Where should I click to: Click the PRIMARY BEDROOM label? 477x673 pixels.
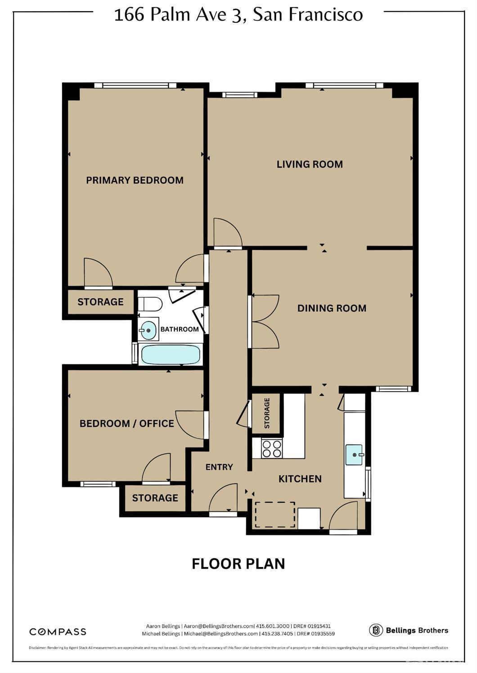pos(135,180)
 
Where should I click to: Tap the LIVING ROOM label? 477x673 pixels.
pos(310,164)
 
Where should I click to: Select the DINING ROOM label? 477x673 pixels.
pos(332,308)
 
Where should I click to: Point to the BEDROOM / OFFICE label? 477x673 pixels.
pos(126,423)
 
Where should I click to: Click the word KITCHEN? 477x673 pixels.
pos(300,479)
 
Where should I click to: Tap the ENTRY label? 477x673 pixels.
pos(219,467)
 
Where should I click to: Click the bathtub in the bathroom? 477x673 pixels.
pos(171,355)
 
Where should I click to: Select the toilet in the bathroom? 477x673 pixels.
pos(150,304)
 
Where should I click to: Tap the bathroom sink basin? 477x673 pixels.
pos(148,330)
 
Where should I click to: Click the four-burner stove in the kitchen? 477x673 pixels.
pos(272,448)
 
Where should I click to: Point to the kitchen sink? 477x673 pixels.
pos(354,455)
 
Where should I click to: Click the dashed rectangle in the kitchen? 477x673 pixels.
pos(275,515)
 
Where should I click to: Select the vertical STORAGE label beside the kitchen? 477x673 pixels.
pos(267,413)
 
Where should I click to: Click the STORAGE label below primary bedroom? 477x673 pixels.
pos(100,302)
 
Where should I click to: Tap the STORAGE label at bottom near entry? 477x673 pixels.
pos(155,498)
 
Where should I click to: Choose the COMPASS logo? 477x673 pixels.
pos(58,632)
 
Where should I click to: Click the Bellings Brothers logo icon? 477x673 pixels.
pos(376,630)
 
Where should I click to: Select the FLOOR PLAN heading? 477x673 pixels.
pos(238,564)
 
